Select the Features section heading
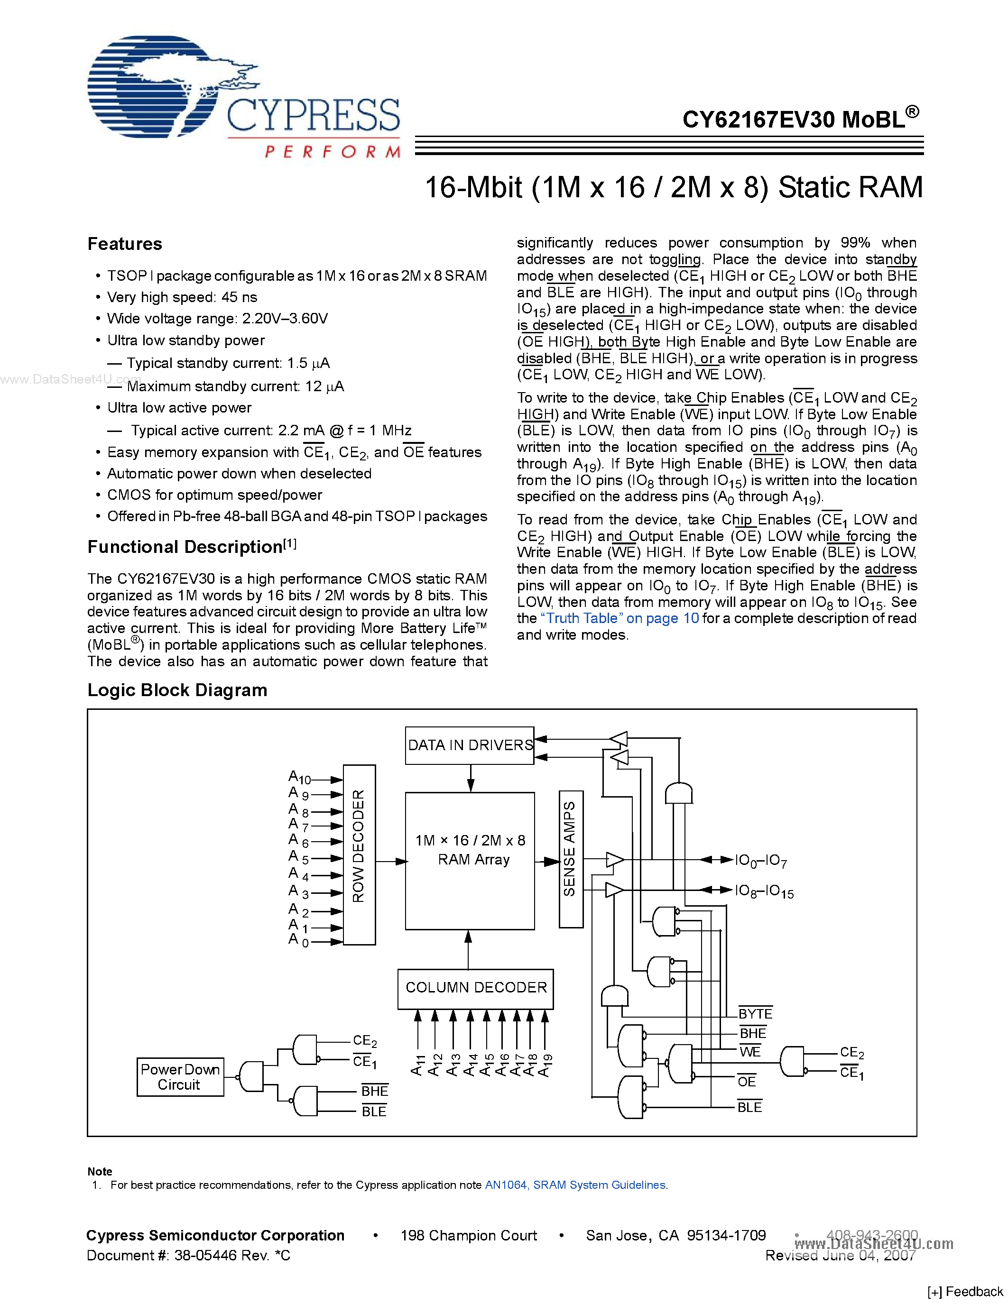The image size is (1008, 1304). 125,244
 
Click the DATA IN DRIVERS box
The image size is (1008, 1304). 469,745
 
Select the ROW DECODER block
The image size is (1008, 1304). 359,854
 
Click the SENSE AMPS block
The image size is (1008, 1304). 570,859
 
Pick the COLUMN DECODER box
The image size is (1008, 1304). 475,988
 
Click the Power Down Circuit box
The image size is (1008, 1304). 180,1076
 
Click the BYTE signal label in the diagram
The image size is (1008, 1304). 755,1013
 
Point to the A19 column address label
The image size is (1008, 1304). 545,1065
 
